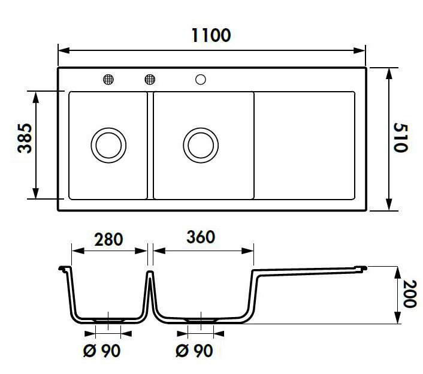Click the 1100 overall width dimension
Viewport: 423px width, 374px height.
(211, 35)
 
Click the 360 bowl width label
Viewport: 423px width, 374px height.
(201, 237)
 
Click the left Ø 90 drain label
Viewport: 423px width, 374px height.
(102, 351)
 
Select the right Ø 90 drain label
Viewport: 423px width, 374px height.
(194, 351)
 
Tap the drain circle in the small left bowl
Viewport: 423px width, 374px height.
(108, 144)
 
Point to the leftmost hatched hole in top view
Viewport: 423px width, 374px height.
(108, 79)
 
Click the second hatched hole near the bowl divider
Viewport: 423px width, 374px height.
(150, 79)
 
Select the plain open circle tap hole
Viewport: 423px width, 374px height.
(200, 79)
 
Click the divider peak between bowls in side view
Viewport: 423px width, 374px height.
(150, 275)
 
